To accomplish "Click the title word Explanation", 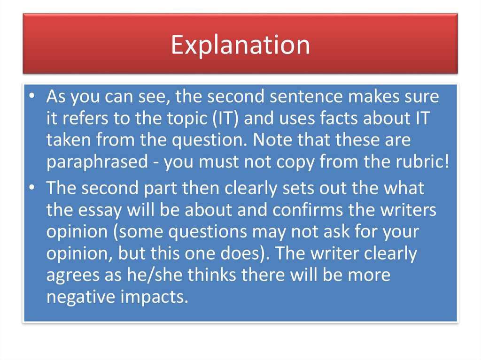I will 240,45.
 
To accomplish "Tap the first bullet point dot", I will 31,97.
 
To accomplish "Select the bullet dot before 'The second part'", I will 31,188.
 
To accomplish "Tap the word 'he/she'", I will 157,275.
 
